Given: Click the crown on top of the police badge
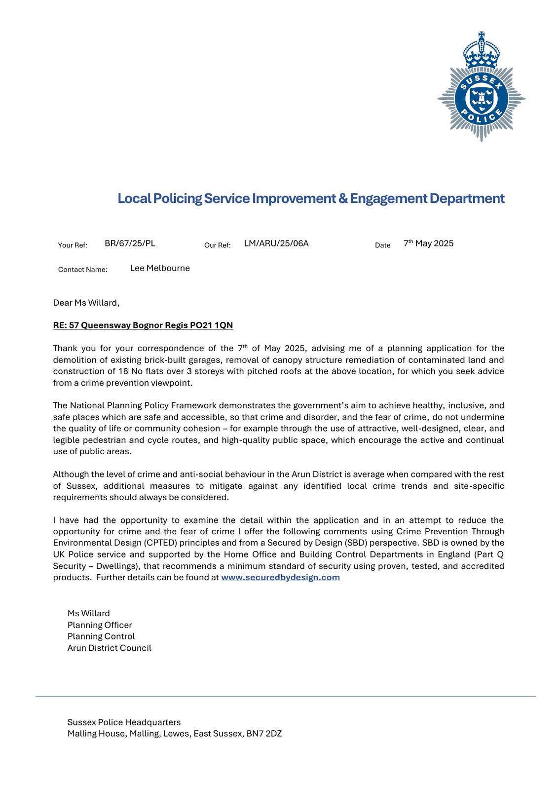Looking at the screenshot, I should [481, 49].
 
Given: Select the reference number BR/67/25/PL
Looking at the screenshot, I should [130, 243].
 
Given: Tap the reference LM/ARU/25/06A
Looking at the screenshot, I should [276, 243].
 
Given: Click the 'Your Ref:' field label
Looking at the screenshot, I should [73, 245].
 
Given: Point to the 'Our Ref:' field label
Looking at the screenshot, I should [217, 245].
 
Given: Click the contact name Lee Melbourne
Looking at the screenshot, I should [160, 268].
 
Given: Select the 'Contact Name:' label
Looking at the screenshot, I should [82, 270].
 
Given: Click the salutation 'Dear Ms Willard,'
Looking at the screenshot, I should [86, 303].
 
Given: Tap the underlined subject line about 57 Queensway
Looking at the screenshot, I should [143, 325].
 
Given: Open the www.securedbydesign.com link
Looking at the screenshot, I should [280, 577].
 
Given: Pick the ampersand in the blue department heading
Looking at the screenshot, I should [343, 198].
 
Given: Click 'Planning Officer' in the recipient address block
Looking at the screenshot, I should [100, 625].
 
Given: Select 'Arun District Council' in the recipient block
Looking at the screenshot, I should [109, 648].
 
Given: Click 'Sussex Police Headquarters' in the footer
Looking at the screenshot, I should [124, 722].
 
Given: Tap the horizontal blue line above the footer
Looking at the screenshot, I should [285, 697].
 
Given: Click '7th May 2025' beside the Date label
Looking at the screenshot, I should [428, 243].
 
